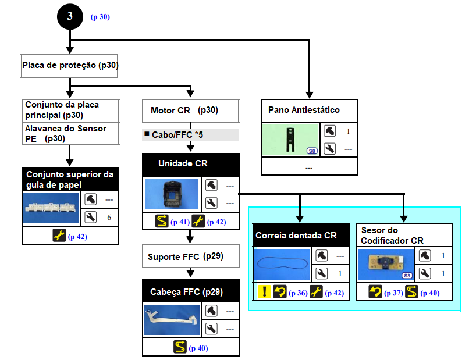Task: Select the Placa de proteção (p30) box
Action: tap(70, 66)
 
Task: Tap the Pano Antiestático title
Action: tap(304, 110)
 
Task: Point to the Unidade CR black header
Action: tap(190, 164)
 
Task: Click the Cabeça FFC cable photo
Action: tap(172, 319)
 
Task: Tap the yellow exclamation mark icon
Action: tap(263, 292)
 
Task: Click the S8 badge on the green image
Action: tap(312, 151)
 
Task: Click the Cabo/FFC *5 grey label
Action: tap(190, 135)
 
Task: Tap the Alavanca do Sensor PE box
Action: tap(70, 133)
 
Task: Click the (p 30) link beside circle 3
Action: tap(100, 17)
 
